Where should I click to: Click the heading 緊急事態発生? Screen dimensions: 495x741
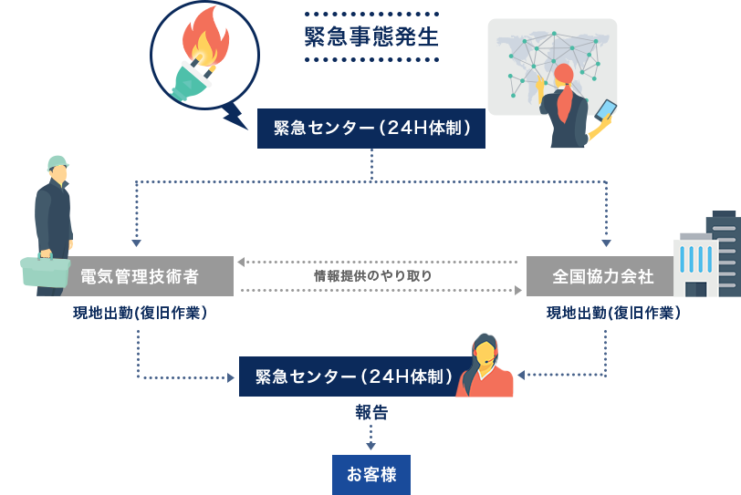pyautogui.click(x=370, y=38)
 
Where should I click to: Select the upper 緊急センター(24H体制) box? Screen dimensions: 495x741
pyautogui.click(x=371, y=129)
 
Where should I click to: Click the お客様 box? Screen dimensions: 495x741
pyautogui.click(x=370, y=474)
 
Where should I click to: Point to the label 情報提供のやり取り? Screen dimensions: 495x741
pyautogui.click(x=371, y=275)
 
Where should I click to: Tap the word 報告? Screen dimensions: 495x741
pyautogui.click(x=371, y=412)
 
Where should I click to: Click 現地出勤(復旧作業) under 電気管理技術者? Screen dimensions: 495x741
pyautogui.click(x=140, y=314)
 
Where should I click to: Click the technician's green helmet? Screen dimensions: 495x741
pyautogui.click(x=57, y=163)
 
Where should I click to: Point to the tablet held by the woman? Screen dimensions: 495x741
pyautogui.click(x=606, y=111)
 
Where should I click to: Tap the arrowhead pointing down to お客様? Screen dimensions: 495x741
pyautogui.click(x=371, y=446)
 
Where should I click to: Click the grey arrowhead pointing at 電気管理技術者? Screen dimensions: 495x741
pyautogui.click(x=242, y=263)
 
